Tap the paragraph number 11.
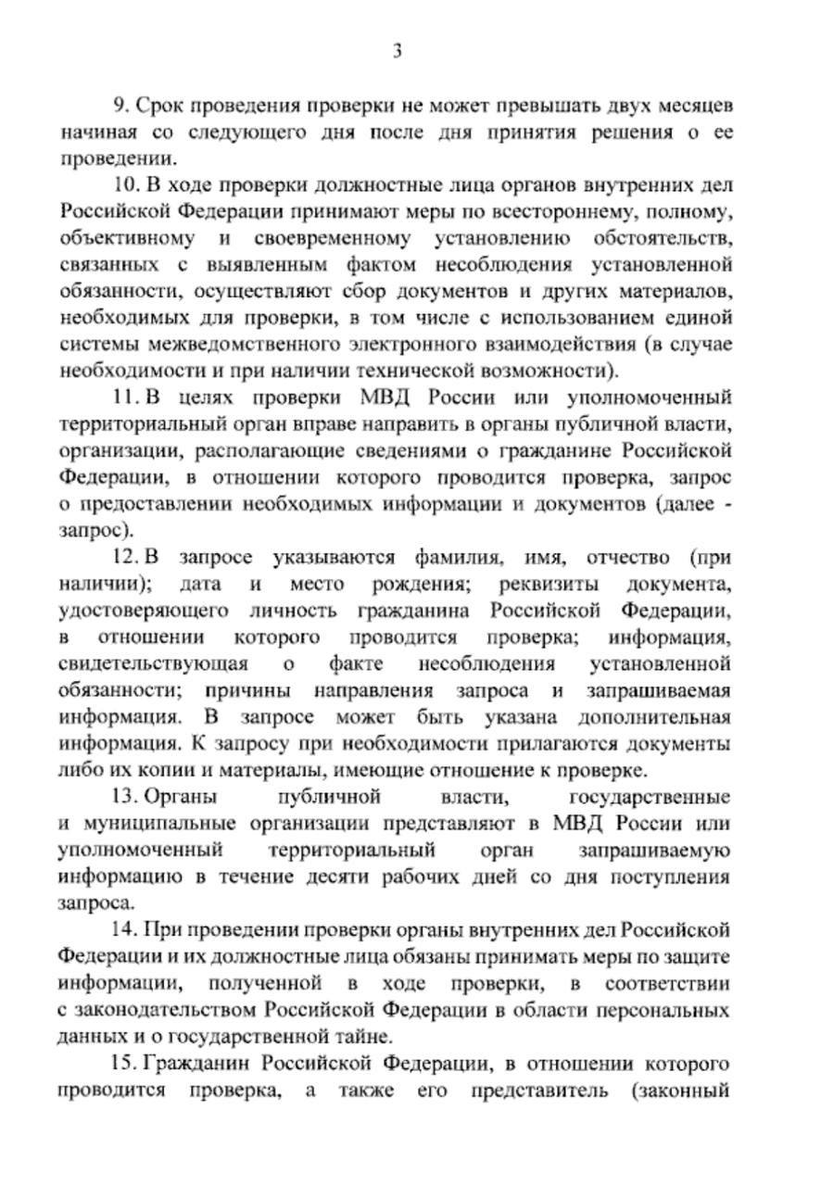(127, 398)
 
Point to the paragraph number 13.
(125, 797)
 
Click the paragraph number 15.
(127, 1063)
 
